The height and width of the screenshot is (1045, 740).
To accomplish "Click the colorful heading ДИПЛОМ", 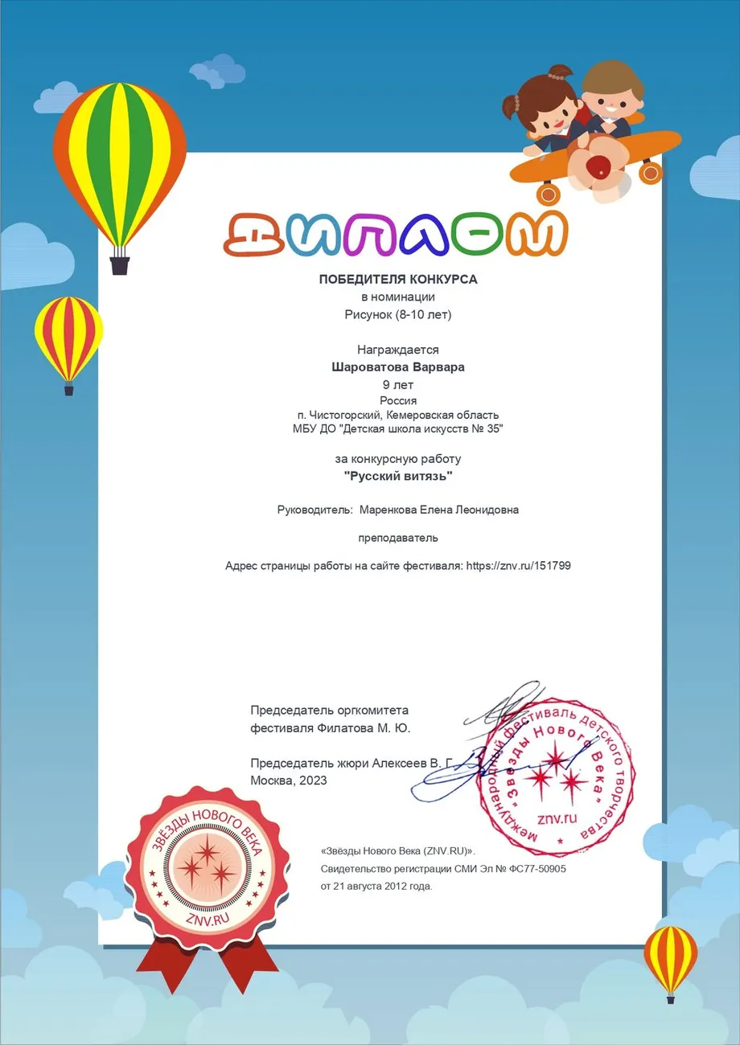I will (x=395, y=235).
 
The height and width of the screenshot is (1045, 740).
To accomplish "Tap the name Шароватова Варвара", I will (x=398, y=367).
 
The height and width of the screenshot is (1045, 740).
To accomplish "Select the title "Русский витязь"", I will (x=398, y=477).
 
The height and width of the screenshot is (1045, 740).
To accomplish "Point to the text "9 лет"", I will (x=398, y=384).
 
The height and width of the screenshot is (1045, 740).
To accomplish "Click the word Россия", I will (x=398, y=400).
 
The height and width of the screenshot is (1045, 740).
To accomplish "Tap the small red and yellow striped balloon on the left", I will (x=69, y=338).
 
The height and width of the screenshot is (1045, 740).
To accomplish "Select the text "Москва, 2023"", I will (x=289, y=780).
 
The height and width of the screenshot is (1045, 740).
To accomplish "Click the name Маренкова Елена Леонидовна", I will (x=439, y=510).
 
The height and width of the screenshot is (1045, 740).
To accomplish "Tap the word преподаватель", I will (x=398, y=537).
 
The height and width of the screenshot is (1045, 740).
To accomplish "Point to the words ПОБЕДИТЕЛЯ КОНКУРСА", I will (x=398, y=280).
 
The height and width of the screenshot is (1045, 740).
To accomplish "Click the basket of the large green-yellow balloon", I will (x=119, y=264).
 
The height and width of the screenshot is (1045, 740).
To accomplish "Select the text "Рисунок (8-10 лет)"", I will (x=398, y=314).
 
